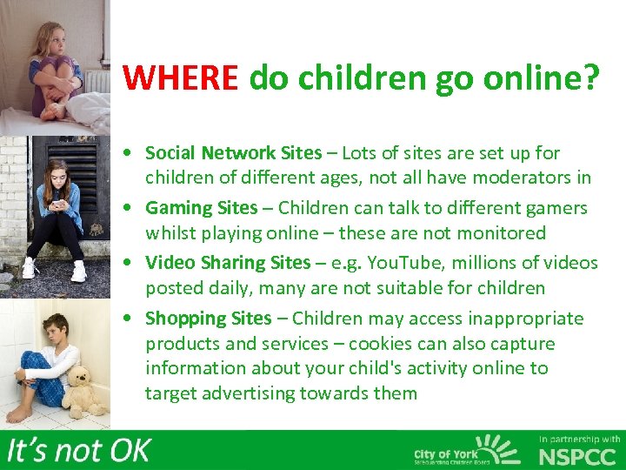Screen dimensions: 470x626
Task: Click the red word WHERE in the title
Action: (180, 77)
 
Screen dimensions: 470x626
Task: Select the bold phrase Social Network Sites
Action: (233, 153)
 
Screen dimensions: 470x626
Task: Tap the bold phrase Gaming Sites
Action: (202, 208)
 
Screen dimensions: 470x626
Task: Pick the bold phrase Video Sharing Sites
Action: (228, 263)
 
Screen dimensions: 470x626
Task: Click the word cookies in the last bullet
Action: (423, 344)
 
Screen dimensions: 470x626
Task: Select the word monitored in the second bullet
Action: (503, 233)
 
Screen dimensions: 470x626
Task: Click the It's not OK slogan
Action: (78, 451)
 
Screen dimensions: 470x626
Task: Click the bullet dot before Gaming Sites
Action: (128, 209)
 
